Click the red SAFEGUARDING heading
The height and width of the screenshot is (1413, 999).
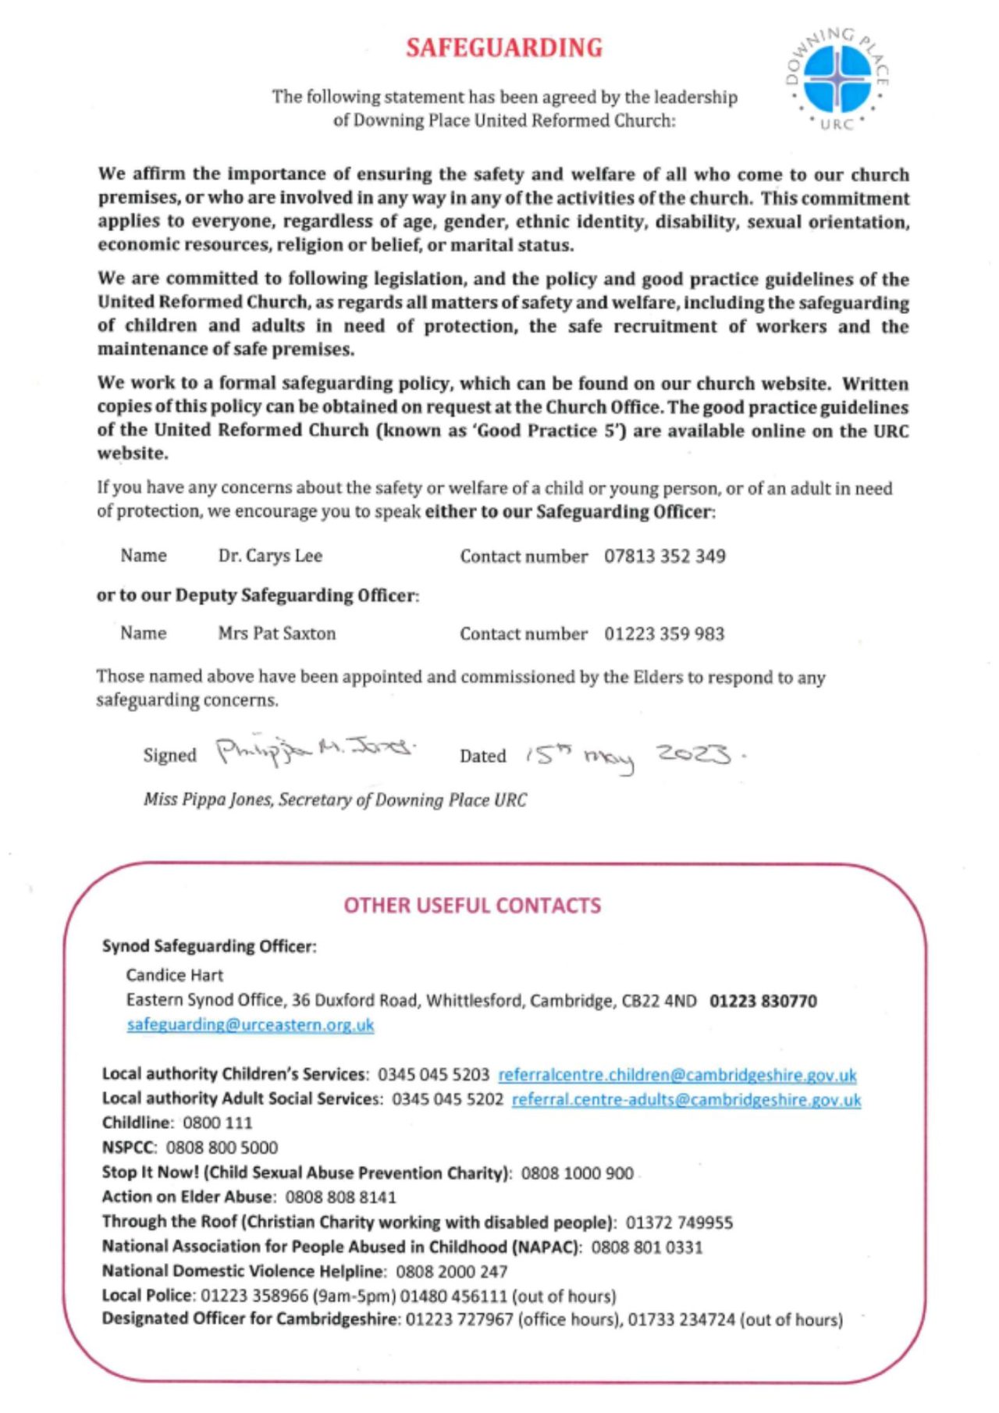click(504, 48)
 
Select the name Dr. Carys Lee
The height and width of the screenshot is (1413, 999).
click(270, 557)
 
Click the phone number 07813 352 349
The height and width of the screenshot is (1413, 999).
click(664, 557)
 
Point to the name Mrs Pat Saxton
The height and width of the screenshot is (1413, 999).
click(276, 633)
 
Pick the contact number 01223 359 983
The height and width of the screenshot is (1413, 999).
click(663, 633)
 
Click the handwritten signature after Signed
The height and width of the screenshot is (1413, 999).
click(315, 752)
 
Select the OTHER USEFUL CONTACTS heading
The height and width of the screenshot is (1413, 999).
click(472, 906)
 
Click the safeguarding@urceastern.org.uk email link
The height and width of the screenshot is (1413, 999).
click(251, 1025)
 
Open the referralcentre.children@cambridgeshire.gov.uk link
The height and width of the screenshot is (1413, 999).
click(677, 1075)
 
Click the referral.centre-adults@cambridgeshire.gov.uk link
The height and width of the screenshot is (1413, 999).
click(686, 1100)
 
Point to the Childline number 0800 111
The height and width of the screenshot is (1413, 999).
click(217, 1123)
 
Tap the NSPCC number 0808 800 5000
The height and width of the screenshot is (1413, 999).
click(222, 1148)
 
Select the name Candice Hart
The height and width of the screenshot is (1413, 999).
click(174, 975)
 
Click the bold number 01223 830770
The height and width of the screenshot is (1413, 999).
click(763, 1001)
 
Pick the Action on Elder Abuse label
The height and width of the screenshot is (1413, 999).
click(187, 1197)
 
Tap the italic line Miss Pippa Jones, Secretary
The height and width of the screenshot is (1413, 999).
click(335, 800)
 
